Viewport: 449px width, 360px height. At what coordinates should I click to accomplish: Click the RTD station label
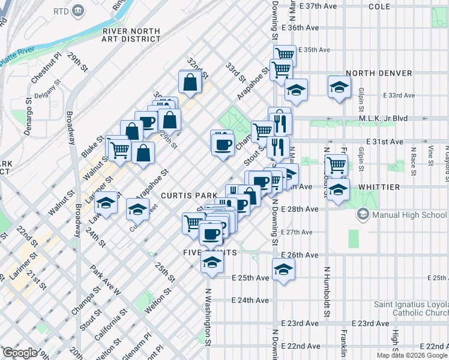[61, 11]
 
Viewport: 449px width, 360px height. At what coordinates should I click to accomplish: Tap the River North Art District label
[131, 35]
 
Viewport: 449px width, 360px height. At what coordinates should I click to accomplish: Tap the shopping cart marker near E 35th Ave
[284, 56]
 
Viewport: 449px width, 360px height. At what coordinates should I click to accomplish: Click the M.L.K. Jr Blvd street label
[385, 118]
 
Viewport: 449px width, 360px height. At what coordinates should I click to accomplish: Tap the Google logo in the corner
[20, 353]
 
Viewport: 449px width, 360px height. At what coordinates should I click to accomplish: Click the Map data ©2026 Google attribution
[412, 355]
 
